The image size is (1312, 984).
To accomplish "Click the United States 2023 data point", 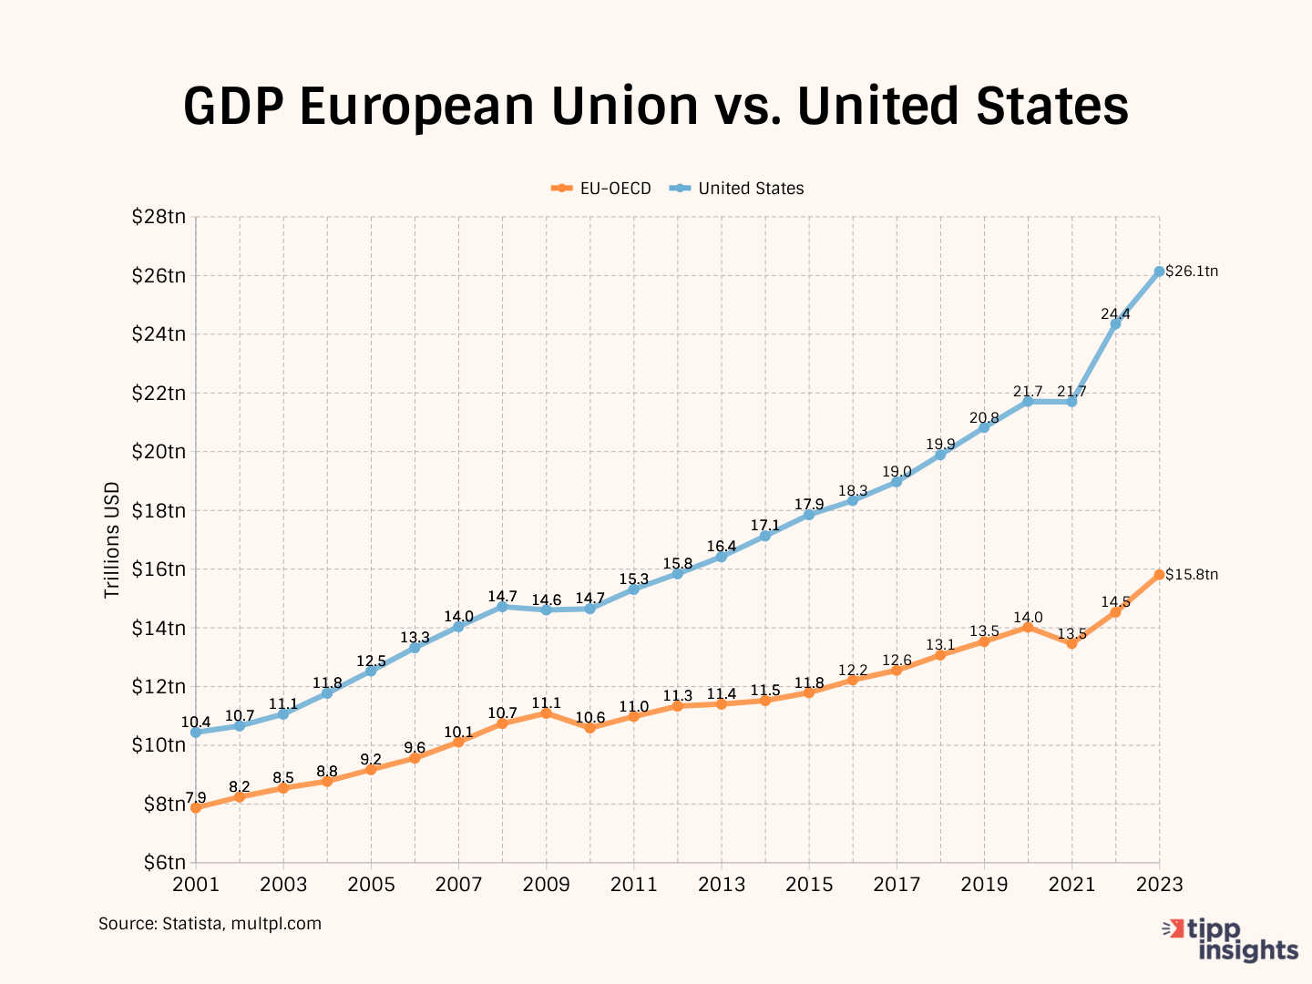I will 1159,272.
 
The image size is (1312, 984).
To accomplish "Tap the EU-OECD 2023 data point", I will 1159,575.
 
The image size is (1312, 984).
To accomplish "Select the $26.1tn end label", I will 1192,272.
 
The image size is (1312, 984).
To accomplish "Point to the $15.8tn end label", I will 1192,575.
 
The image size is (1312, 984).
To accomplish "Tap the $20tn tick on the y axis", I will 159,452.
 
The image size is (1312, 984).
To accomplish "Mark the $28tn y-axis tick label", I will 159,217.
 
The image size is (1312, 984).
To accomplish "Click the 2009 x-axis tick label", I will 546,885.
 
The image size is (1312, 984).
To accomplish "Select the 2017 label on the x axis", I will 897,885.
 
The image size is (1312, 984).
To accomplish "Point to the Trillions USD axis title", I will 112,539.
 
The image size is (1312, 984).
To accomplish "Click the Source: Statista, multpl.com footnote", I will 210,924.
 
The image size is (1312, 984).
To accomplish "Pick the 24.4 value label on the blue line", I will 1115,314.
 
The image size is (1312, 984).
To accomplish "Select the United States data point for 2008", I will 502,606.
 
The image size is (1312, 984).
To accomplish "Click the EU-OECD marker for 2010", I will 589,728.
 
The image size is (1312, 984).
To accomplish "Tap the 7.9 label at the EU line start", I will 196,798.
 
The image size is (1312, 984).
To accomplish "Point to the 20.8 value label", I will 984,418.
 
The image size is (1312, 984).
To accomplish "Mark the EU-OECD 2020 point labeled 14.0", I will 1028,627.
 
